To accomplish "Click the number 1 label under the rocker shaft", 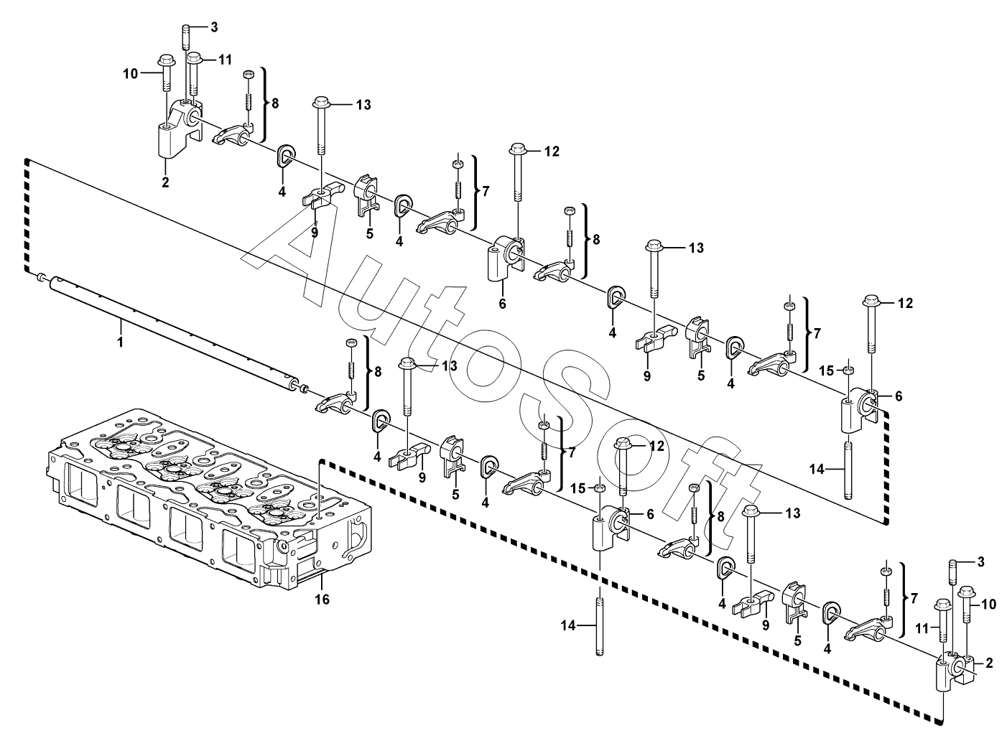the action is click(x=121, y=342).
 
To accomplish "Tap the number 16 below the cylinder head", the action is click(x=322, y=600).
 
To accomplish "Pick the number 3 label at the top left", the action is click(x=214, y=27).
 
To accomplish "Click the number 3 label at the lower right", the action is click(x=980, y=561).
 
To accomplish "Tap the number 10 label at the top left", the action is click(x=131, y=73).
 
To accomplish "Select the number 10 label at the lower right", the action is click(x=988, y=604).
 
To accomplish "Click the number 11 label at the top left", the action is click(x=225, y=60).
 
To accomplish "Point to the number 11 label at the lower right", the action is click(x=922, y=628).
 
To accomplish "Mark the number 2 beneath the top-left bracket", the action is click(x=165, y=182).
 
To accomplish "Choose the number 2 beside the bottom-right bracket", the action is click(x=989, y=663).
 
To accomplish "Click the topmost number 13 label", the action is click(x=363, y=105).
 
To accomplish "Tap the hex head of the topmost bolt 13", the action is click(x=321, y=102).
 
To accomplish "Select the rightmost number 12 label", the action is click(x=905, y=303).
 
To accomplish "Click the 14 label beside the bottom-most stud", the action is click(x=568, y=625).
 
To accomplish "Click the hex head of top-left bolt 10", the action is click(x=165, y=61).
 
